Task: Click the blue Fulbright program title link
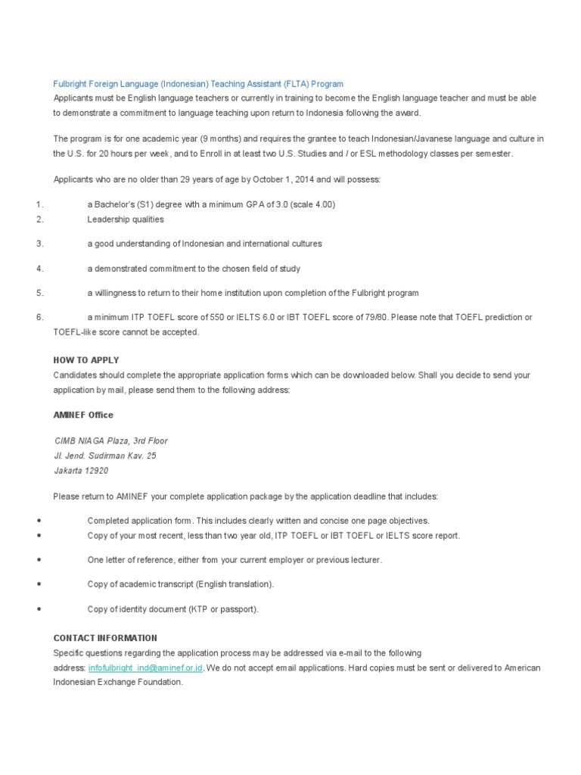(x=198, y=84)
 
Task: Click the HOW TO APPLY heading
(x=86, y=360)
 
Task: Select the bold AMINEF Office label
(x=83, y=415)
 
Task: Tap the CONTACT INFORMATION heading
(x=105, y=638)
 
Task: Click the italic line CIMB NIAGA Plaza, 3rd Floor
(x=110, y=440)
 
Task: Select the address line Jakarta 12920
(x=81, y=471)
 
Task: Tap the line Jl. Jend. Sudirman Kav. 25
(x=105, y=456)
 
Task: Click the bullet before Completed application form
(x=38, y=521)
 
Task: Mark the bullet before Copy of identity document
(x=38, y=608)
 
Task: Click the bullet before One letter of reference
(x=38, y=560)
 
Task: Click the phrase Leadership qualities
(x=126, y=219)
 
